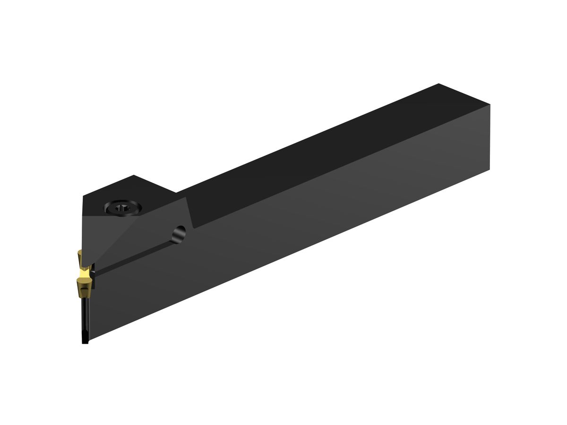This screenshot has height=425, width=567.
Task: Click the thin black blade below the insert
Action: pyautogui.click(x=85, y=316)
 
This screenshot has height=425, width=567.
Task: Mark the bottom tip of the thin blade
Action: pyautogui.click(x=85, y=342)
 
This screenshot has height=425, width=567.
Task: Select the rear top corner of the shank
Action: pyautogui.click(x=439, y=84)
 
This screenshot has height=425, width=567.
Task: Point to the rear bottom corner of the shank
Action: pyautogui.click(x=490, y=169)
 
